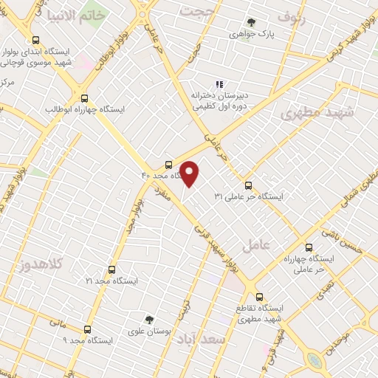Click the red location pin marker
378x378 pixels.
point(190,173)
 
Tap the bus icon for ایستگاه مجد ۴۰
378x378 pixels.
point(170,165)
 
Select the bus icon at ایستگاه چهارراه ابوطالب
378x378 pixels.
point(84,98)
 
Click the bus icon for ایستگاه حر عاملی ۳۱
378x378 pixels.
point(248,185)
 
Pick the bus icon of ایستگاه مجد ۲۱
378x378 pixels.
point(111,270)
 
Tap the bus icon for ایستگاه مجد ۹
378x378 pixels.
point(88,329)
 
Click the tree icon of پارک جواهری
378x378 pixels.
point(252,23)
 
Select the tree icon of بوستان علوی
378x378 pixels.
point(150,320)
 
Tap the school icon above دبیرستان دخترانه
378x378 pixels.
point(218,84)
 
